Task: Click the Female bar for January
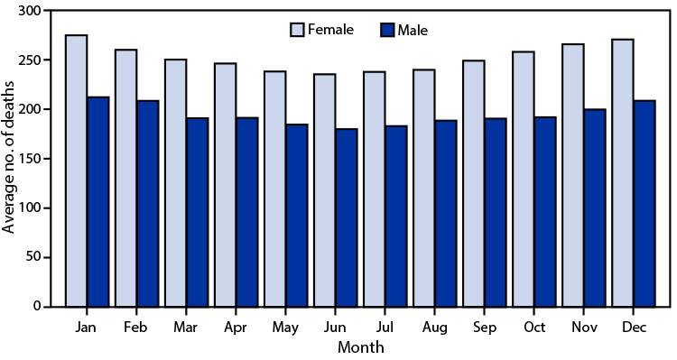tap(77, 171)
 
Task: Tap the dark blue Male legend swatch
tap(388, 30)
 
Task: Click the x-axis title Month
tap(361, 346)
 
